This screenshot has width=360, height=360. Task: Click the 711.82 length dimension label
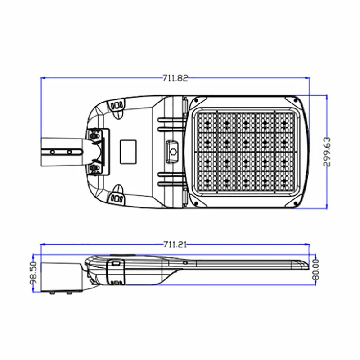(175, 78)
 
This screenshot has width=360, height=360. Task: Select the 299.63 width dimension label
(327, 152)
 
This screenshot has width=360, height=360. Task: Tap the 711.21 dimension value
(175, 244)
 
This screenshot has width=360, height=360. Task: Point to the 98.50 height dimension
(33, 273)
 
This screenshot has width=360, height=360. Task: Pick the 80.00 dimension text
(316, 270)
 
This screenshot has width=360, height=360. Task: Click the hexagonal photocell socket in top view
(172, 152)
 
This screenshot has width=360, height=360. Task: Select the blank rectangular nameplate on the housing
(128, 152)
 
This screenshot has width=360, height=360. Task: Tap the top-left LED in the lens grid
(207, 123)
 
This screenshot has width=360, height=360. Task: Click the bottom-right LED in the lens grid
(284, 181)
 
